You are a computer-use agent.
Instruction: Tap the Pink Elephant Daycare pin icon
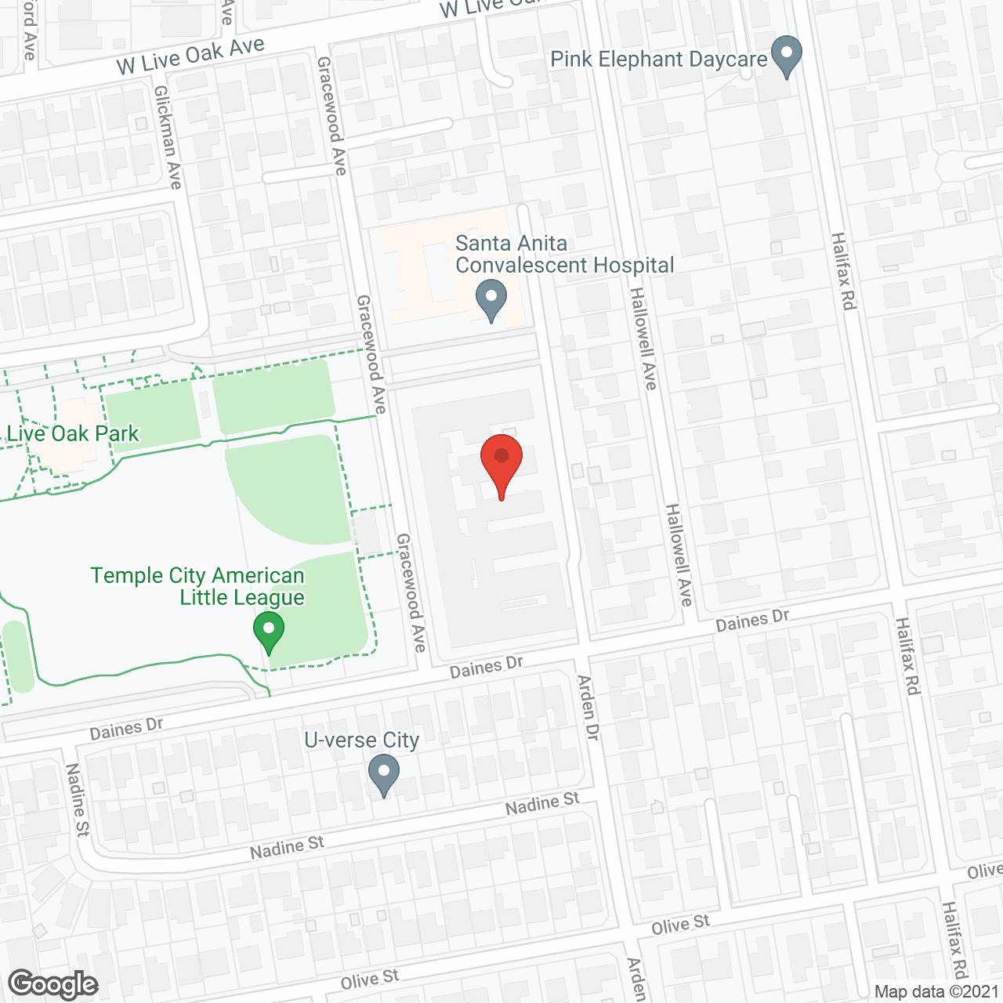[787, 56]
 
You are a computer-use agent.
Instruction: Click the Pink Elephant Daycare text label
[658, 60]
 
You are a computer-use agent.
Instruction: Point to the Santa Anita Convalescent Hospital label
[564, 255]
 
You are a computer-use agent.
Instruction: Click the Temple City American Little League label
[197, 586]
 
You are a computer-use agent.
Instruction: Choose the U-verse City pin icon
[384, 774]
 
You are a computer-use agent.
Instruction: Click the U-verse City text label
[361, 740]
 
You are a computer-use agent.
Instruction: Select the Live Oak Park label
[73, 433]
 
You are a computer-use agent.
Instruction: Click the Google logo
[53, 983]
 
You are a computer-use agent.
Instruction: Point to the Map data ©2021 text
[936, 991]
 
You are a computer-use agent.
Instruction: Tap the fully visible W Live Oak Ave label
[190, 56]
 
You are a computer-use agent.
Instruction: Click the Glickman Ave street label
[168, 137]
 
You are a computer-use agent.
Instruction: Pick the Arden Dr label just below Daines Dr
[588, 708]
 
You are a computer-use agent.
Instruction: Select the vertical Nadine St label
[77, 799]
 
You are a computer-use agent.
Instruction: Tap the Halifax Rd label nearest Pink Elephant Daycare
[842, 270]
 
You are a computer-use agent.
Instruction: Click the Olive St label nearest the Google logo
[369, 979]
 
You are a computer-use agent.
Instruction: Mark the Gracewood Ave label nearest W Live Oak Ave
[331, 115]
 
